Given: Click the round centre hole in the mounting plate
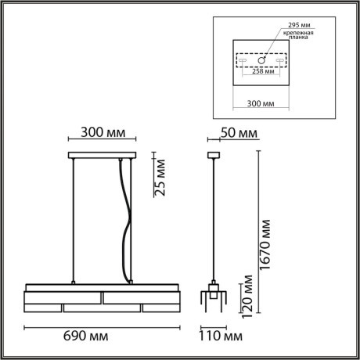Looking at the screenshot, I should (x=263, y=59).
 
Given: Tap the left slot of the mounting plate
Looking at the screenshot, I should (x=243, y=59).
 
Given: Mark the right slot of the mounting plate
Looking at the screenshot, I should (x=281, y=59).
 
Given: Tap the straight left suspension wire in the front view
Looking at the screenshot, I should (x=74, y=219).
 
